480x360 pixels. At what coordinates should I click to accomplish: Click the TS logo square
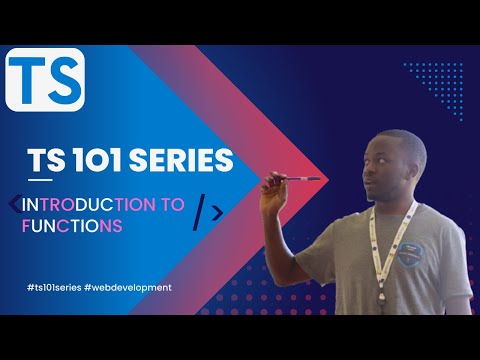[45, 79]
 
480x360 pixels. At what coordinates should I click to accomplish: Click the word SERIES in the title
[183, 160]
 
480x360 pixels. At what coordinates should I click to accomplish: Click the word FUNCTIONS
[71, 226]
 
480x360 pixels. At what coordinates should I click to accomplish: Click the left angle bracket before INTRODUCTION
[13, 204]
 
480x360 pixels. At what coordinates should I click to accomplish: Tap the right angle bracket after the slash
[217, 210]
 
